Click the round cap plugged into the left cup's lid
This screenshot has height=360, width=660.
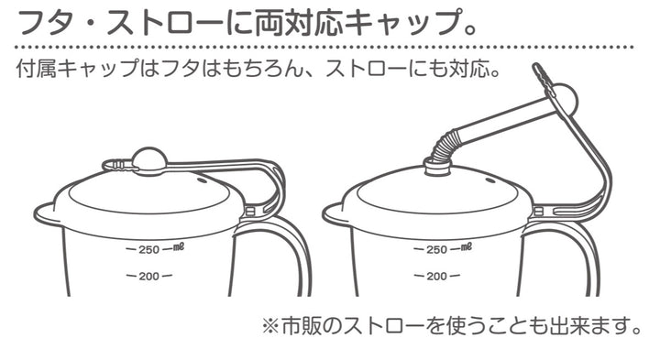coord(148,160)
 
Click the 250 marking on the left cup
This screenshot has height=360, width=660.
coord(148,249)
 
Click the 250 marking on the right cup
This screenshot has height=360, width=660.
coord(436,249)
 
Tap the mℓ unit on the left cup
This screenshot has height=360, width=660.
coord(181,247)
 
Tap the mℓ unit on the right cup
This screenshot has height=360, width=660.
coord(468,247)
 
